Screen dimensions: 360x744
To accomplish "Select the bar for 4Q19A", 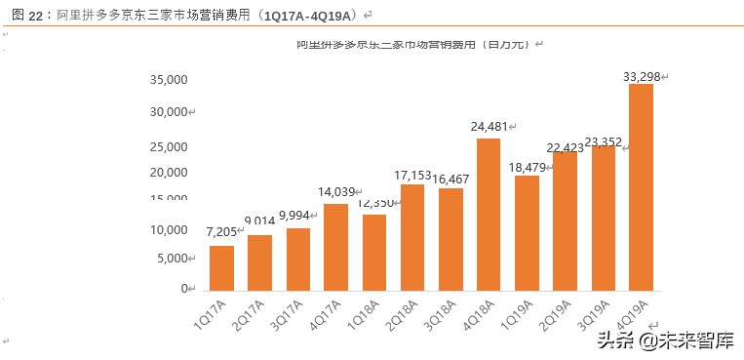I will [x=641, y=187].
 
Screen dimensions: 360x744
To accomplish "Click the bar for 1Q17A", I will [x=221, y=267].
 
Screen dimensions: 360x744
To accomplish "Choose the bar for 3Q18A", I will [x=450, y=239].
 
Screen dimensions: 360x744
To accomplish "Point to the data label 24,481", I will [x=491, y=127].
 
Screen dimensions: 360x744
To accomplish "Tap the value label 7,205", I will [x=222, y=232].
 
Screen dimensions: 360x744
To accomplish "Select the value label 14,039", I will [x=337, y=192].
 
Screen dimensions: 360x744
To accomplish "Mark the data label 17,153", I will [x=411, y=175].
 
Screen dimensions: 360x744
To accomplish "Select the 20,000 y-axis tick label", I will [x=169, y=173].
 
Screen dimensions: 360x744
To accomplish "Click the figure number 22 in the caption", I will [x=38, y=15].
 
